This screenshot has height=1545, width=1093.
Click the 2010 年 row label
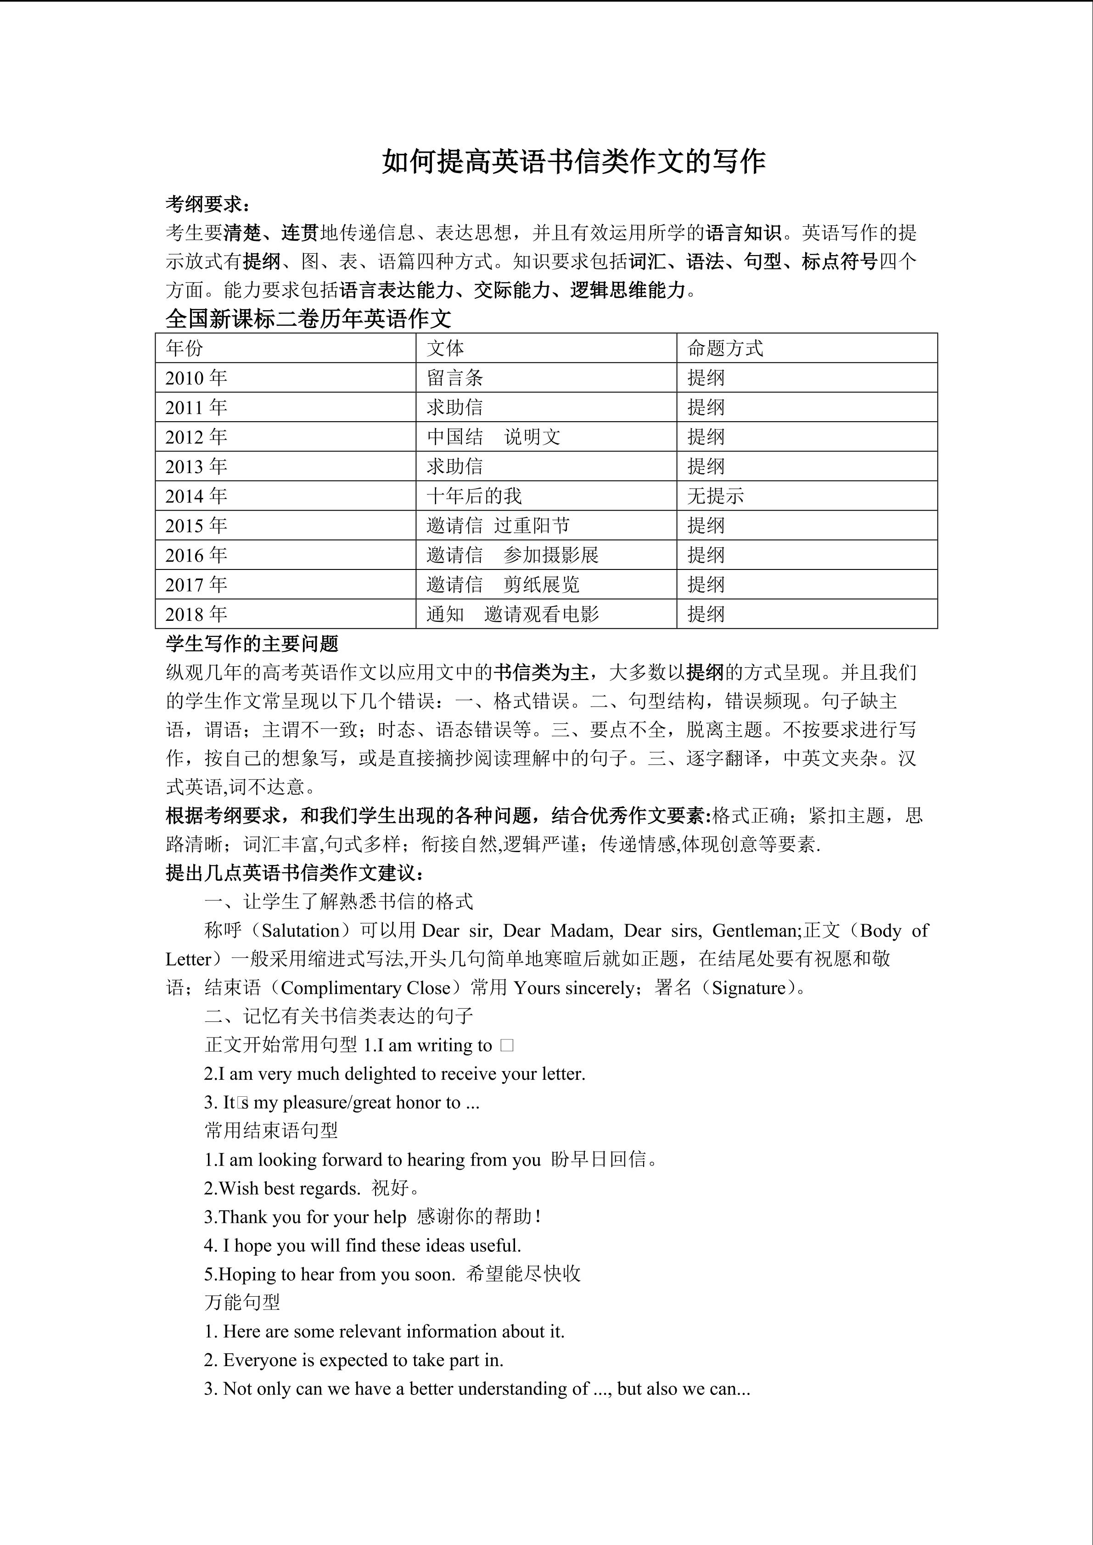coord(196,378)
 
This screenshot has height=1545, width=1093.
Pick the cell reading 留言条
coord(454,378)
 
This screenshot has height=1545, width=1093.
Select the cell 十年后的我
coord(474,496)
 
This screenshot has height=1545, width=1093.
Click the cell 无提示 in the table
coord(715,496)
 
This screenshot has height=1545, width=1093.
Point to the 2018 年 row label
coord(196,614)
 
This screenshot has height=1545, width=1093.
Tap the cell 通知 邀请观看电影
coord(512,614)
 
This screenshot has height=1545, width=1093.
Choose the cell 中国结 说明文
coord(493,437)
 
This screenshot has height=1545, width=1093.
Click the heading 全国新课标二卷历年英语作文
coord(308,319)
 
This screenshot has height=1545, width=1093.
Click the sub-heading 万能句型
coord(241,1303)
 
